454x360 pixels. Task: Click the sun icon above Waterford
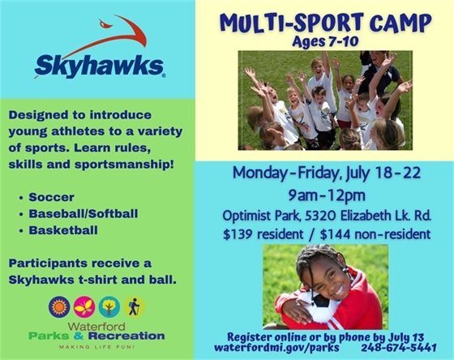(58, 306)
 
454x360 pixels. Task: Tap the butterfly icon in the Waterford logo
(84, 306)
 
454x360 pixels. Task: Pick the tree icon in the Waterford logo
(109, 306)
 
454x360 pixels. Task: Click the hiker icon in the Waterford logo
(134, 306)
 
